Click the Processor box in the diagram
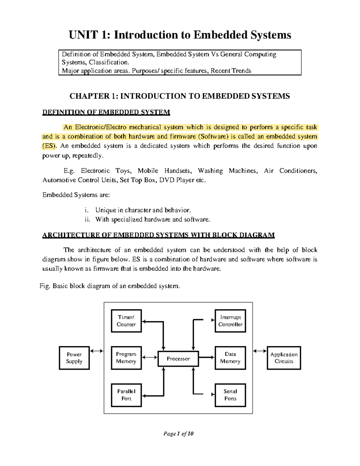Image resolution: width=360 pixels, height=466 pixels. pyautogui.click(x=178, y=359)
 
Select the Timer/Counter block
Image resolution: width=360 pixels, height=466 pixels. pyautogui.click(x=126, y=321)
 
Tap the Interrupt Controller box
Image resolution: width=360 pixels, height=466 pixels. pyautogui.click(x=230, y=321)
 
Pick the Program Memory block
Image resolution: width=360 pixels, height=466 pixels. pyautogui.click(x=126, y=358)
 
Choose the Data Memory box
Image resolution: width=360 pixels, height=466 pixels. pyautogui.click(x=230, y=358)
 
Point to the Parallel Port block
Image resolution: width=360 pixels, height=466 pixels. pyautogui.click(x=126, y=395)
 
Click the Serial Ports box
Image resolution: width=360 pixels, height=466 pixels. pyautogui.click(x=230, y=395)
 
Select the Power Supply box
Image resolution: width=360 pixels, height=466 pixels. pyautogui.click(x=74, y=358)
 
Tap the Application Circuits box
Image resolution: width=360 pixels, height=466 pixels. pyautogui.click(x=284, y=358)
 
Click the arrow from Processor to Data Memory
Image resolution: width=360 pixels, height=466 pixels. pyautogui.click(x=207, y=357)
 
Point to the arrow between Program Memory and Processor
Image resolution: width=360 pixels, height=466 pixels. pyautogui.click(x=150, y=357)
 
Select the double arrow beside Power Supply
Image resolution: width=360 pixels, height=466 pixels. pyautogui.click(x=97, y=351)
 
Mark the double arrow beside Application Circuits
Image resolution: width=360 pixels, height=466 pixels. pyautogui.click(x=260, y=351)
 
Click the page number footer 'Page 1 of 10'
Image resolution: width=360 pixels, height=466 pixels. pyautogui.click(x=178, y=434)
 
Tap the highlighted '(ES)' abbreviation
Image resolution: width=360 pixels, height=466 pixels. pyautogui.click(x=49, y=146)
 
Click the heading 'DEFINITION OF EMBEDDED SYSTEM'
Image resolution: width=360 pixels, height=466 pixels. pyautogui.click(x=106, y=112)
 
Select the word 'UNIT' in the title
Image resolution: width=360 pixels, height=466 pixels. pyautogui.click(x=83, y=35)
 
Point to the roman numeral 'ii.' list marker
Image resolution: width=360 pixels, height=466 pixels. pyautogui.click(x=87, y=219)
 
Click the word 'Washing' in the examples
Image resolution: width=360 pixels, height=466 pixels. pyautogui.click(x=210, y=171)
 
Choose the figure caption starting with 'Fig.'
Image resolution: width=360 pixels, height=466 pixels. pyautogui.click(x=110, y=286)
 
